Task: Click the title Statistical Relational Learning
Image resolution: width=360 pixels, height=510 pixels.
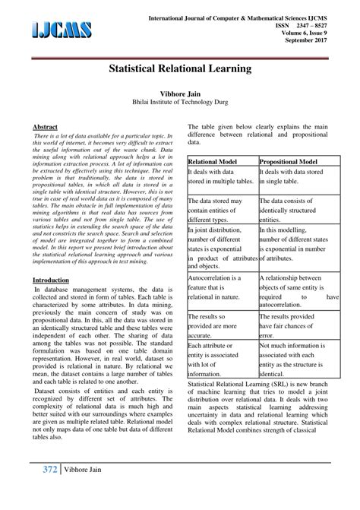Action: (180, 69)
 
